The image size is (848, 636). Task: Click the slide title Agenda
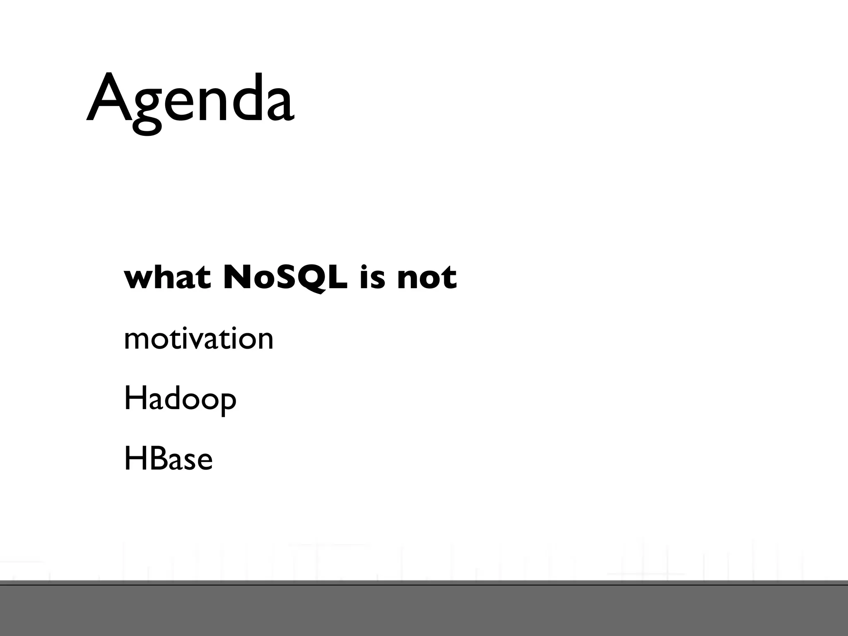coord(190,99)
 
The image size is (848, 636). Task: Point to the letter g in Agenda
coord(147,110)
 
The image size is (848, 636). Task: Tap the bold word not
coord(426,278)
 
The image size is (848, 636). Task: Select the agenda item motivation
coord(199,339)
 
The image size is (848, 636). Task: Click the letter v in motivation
coord(197,341)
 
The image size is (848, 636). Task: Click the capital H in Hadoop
coord(133,398)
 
